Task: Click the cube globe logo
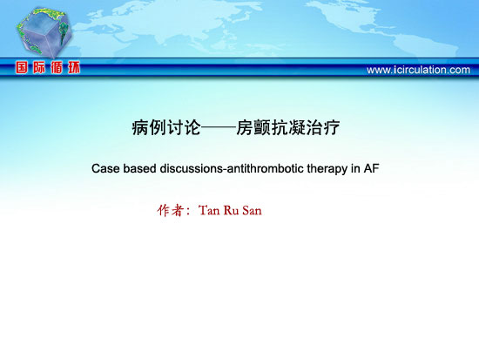(44, 32)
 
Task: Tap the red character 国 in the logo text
(22, 67)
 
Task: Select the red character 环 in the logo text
(74, 67)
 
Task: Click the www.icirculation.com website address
(418, 70)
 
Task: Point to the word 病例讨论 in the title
(166, 127)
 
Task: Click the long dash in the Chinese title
(219, 128)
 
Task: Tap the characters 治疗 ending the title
(322, 127)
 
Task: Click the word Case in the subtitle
(105, 168)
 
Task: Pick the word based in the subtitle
(139, 168)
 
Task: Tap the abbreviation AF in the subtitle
(371, 168)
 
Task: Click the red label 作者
(171, 210)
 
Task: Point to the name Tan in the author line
(209, 210)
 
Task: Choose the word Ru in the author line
(232, 210)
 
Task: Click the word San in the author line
(252, 210)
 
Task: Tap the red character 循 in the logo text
(57, 67)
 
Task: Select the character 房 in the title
(245, 127)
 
